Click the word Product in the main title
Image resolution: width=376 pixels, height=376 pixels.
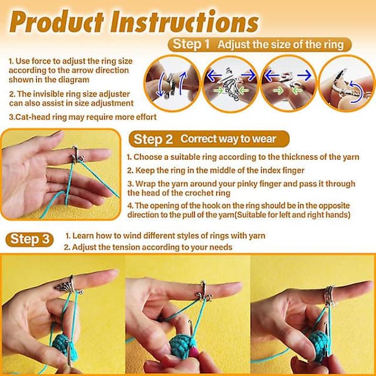(x=56, y=22)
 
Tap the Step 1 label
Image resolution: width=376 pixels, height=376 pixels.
(x=191, y=44)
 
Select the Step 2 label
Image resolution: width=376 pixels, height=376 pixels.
(x=153, y=139)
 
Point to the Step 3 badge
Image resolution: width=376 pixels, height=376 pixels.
(x=29, y=239)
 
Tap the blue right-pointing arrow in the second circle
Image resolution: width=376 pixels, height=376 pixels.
(x=248, y=75)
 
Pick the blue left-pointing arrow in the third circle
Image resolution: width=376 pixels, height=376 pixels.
(x=272, y=75)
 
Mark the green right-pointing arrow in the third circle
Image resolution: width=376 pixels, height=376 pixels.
(x=278, y=91)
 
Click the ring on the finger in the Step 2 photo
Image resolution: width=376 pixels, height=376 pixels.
(x=77, y=155)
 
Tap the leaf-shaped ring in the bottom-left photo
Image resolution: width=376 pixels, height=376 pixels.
(x=68, y=285)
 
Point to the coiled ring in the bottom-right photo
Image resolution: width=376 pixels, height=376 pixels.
(x=330, y=296)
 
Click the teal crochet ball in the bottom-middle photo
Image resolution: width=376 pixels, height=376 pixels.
(x=182, y=347)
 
